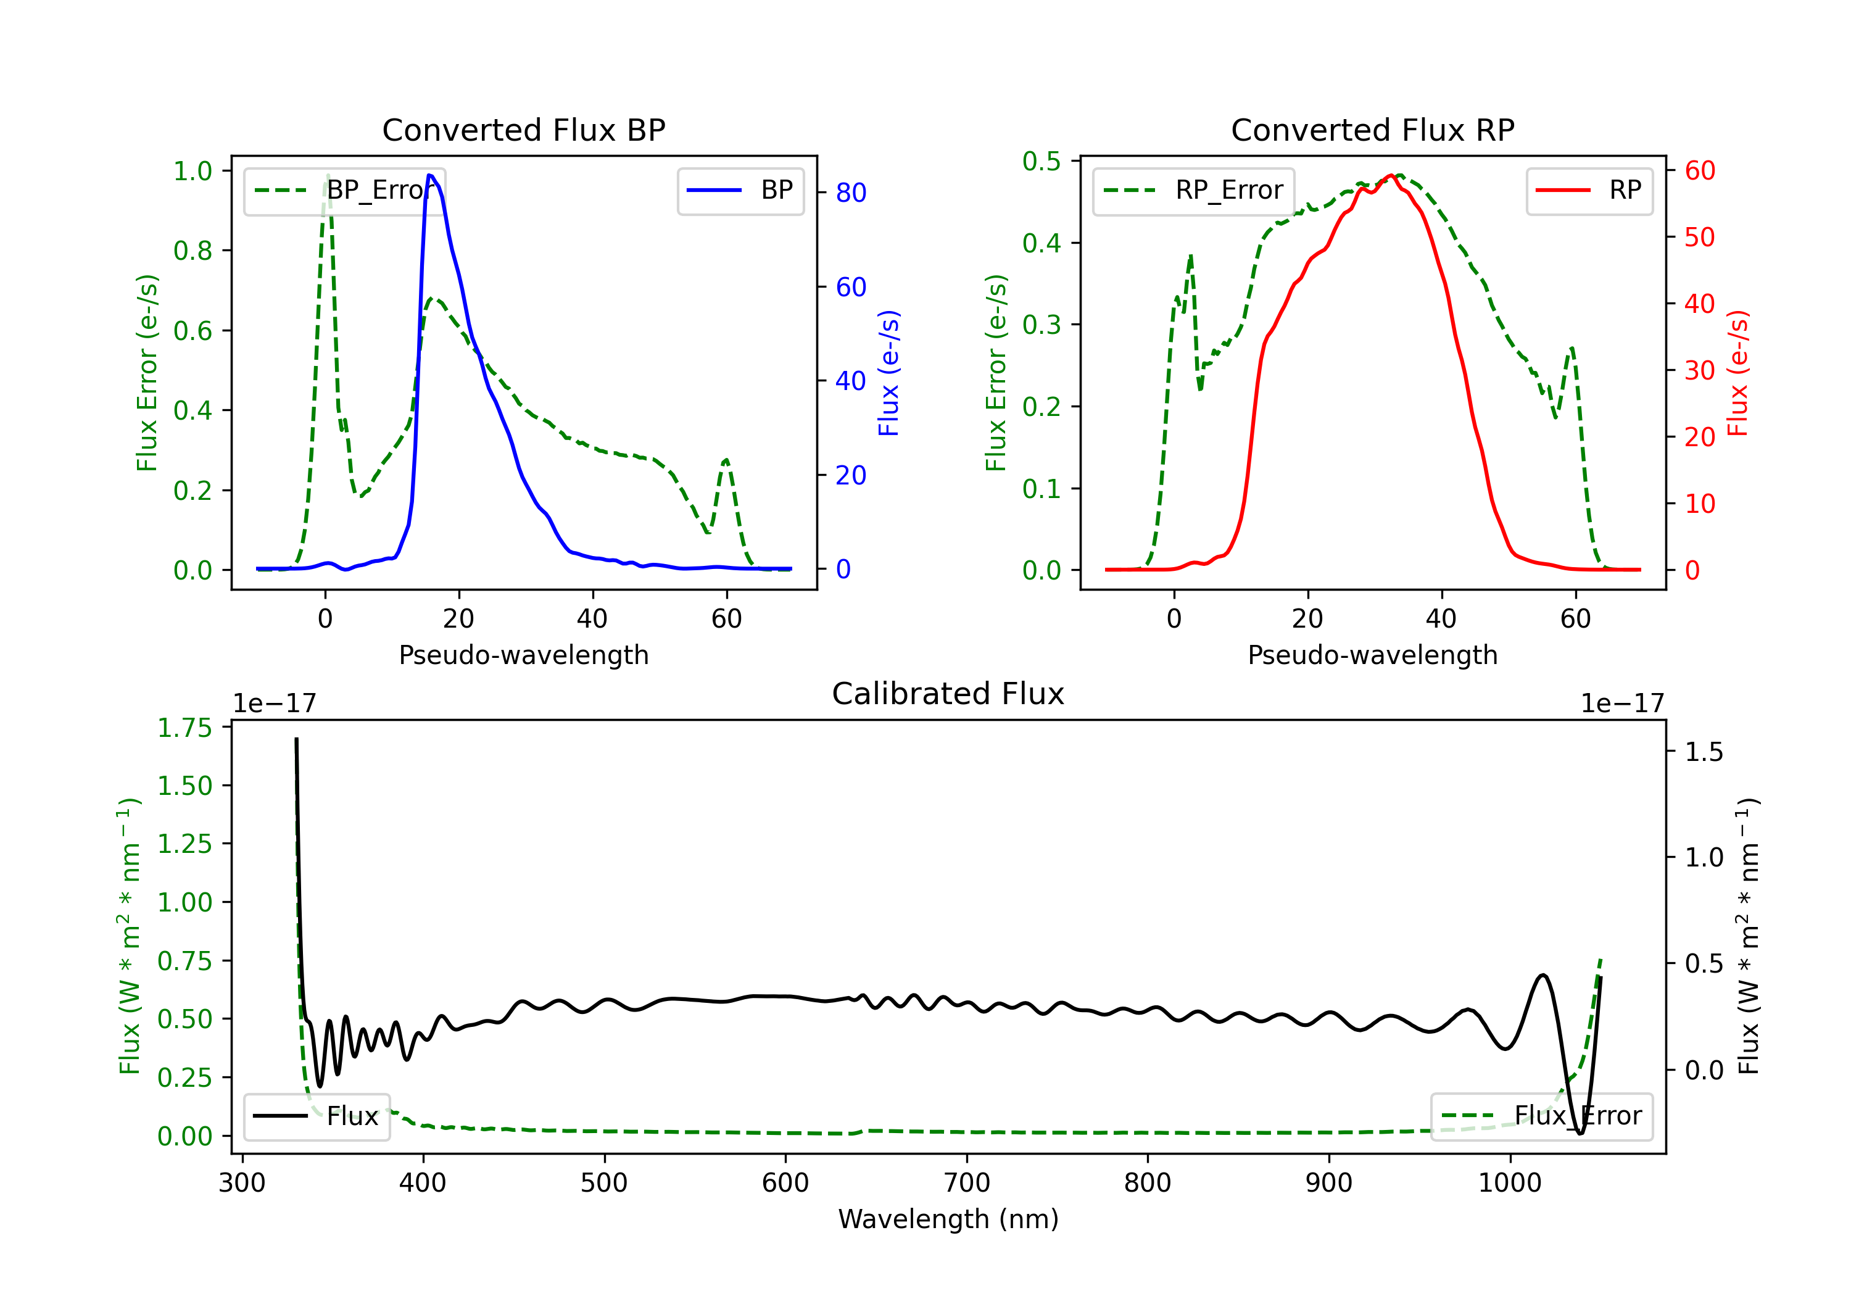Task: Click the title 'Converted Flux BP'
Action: tap(524, 130)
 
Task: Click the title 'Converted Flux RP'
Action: tap(1373, 130)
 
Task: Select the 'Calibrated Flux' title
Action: tap(948, 694)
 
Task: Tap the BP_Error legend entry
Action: tap(345, 190)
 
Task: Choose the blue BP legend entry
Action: tap(740, 190)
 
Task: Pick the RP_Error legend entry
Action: tap(1193, 190)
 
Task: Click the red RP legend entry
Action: tap(1588, 190)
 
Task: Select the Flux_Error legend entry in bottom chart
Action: tap(1541, 1116)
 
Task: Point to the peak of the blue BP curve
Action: tap(429, 175)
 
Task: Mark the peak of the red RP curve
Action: tap(1391, 175)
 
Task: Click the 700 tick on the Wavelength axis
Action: tap(967, 1183)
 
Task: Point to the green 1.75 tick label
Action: tap(184, 728)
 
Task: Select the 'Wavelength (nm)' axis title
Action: tap(948, 1219)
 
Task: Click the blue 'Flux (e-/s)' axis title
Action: tap(888, 373)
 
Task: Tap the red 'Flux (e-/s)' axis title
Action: tap(1737, 373)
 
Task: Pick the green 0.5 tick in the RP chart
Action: tap(1041, 161)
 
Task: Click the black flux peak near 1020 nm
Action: tap(1543, 975)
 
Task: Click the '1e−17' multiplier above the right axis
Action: tap(1622, 704)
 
